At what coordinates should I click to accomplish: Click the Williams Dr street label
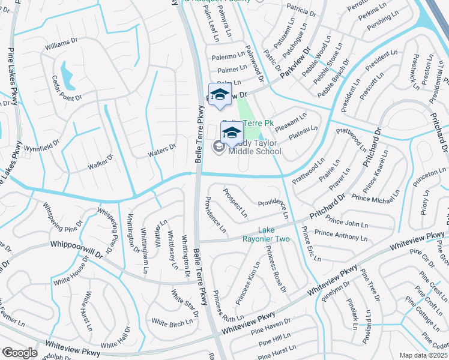pos(62,44)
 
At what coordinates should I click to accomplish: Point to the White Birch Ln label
pos(172,322)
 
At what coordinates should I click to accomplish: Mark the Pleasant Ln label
pos(291,122)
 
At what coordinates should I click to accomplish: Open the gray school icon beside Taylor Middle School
pos(218,145)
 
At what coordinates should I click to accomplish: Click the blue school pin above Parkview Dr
pos(220,94)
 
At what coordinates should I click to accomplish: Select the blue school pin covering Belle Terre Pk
pos(231,133)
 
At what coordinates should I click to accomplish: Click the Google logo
pos(20,353)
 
